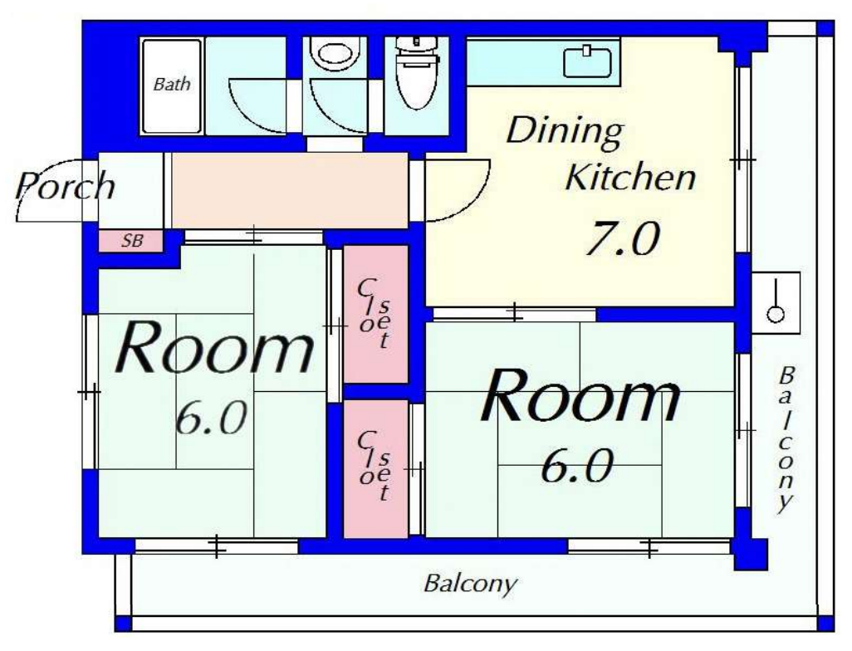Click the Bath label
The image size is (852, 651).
pos(172,84)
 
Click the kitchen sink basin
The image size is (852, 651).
pos(587,62)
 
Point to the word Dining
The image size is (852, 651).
pos(565,132)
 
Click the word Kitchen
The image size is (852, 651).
pos(630,177)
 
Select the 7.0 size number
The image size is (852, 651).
pos(623,238)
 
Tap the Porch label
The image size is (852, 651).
pos(66,186)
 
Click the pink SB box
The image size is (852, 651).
pos(131,241)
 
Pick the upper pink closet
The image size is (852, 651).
pos(375,314)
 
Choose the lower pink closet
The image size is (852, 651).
pos(375,469)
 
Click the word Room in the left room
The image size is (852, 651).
pos(214,348)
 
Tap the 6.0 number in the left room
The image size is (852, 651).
pos(212,418)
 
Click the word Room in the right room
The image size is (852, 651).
pos(580,395)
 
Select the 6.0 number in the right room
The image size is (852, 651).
pos(577,466)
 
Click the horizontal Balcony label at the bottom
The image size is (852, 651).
pos(471,585)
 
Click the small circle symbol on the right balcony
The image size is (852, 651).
pos(776,314)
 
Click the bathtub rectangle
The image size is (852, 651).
pos(172,86)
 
